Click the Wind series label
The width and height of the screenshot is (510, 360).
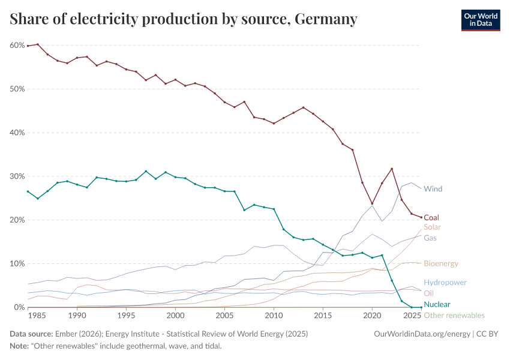(x=433, y=189)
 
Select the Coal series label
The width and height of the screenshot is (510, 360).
(x=431, y=218)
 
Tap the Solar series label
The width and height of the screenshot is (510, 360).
(x=432, y=227)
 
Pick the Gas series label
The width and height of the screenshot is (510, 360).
(x=430, y=238)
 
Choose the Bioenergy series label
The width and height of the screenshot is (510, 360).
(x=441, y=263)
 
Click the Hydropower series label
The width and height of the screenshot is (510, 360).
(x=445, y=283)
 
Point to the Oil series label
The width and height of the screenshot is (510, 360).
(x=428, y=293)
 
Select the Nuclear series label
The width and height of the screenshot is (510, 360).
(x=437, y=305)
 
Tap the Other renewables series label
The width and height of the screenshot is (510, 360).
(x=454, y=316)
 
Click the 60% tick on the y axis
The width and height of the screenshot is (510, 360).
(x=17, y=46)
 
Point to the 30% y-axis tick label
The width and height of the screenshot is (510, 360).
(x=17, y=176)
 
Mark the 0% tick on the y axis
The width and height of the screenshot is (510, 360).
(x=19, y=308)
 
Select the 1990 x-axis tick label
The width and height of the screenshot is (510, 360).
(x=77, y=316)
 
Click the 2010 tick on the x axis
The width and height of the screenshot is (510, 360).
(x=274, y=316)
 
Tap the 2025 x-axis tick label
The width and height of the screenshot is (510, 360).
(x=412, y=316)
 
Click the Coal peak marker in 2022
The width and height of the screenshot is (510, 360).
(x=392, y=169)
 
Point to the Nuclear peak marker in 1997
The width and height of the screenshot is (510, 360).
(x=146, y=171)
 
